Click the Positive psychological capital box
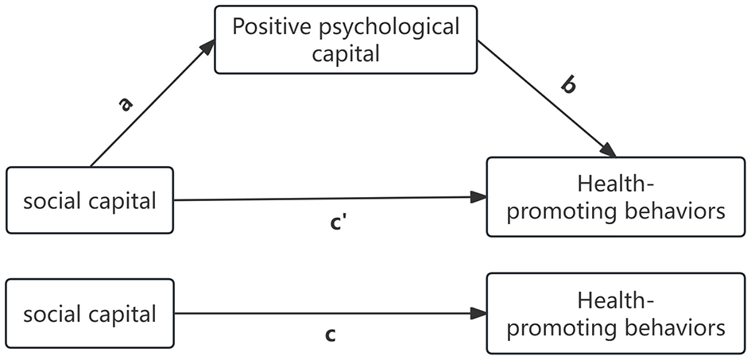[x=346, y=40]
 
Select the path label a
[x=126, y=103]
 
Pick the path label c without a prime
[x=330, y=335]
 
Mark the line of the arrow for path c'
[x=326, y=199]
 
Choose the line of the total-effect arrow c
[x=326, y=314]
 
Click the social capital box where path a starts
[x=90, y=201]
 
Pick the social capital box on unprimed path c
[x=90, y=315]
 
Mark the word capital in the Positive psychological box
[x=346, y=54]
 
